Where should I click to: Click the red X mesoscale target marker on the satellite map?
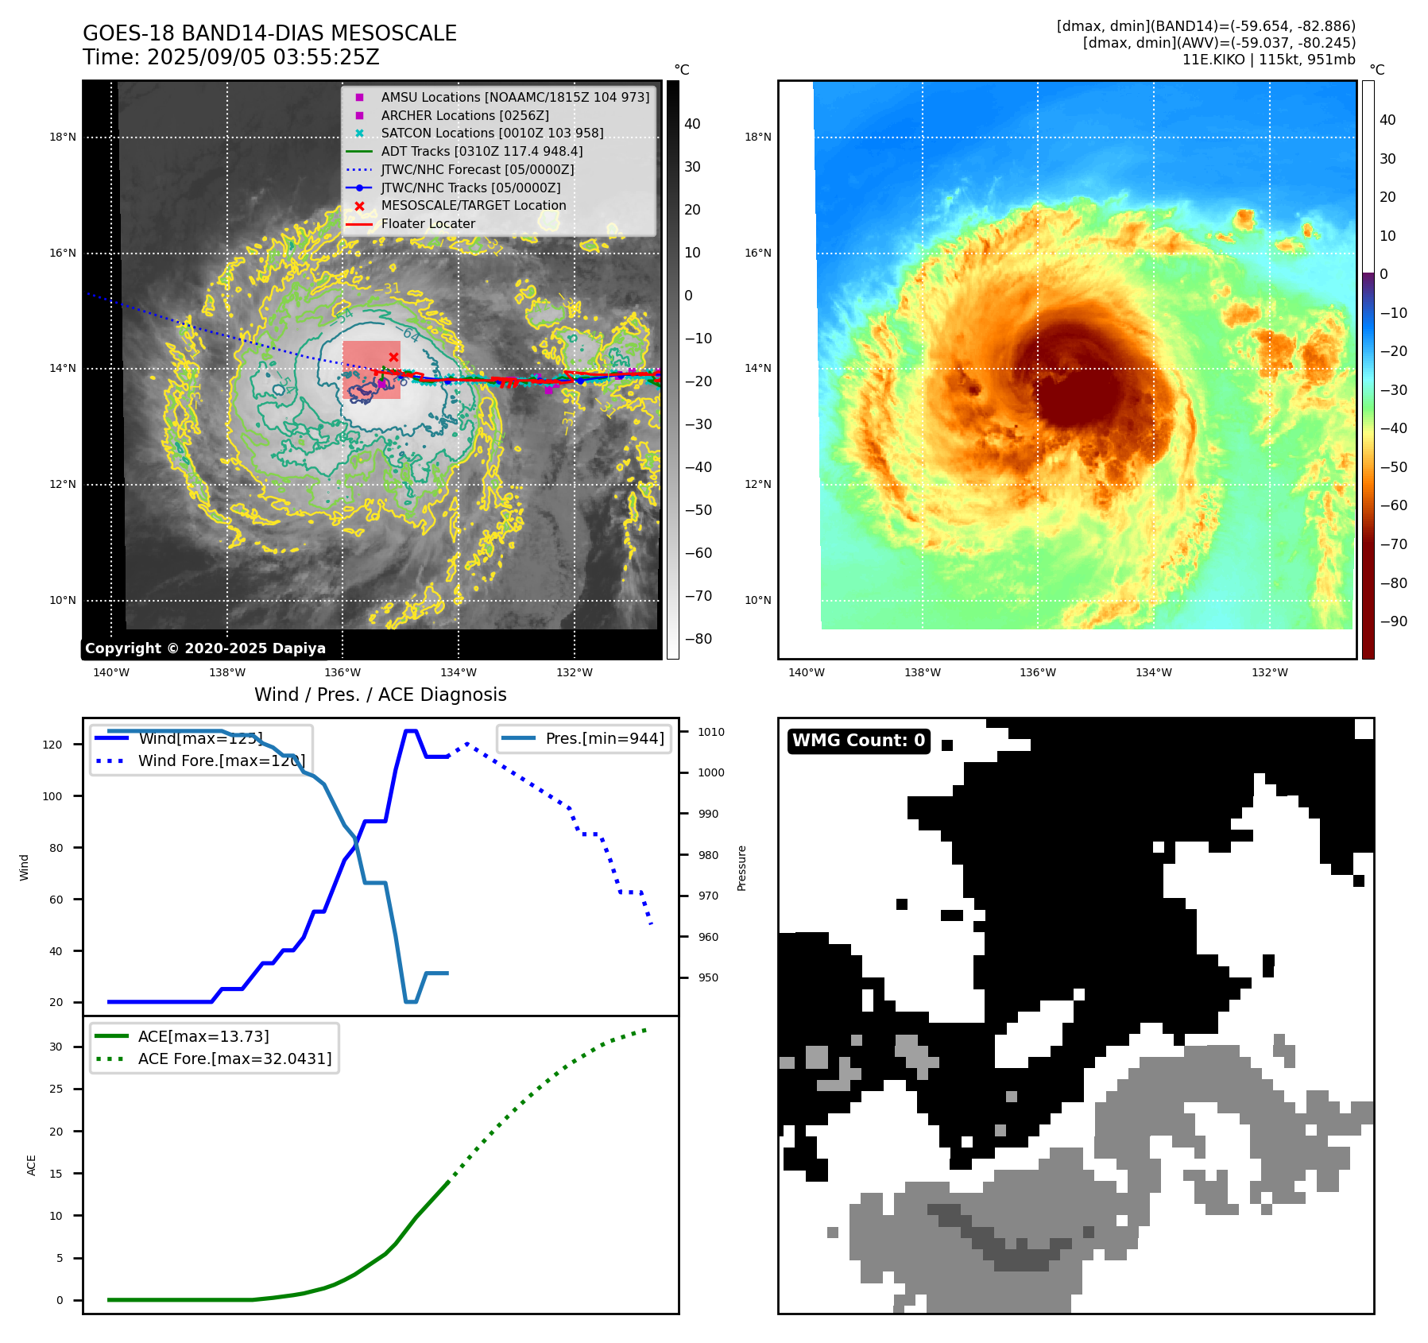click(393, 357)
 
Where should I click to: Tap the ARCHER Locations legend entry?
click(465, 115)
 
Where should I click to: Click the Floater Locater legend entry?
click(428, 223)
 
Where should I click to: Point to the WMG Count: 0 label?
click(858, 741)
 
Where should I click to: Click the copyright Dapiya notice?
click(205, 648)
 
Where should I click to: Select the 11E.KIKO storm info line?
click(1268, 60)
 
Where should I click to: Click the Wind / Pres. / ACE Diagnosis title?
click(380, 695)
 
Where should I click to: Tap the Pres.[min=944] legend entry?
click(604, 738)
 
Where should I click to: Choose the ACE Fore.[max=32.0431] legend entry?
click(234, 1059)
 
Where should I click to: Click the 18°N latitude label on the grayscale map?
click(63, 137)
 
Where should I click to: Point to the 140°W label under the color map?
click(806, 672)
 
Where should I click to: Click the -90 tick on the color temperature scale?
click(1393, 621)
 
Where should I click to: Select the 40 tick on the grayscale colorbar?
click(692, 124)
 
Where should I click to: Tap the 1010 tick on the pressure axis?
click(711, 732)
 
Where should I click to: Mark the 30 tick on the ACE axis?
click(56, 1047)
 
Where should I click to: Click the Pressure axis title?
click(741, 868)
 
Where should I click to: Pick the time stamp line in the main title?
click(230, 58)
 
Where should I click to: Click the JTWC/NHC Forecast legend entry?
click(477, 169)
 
